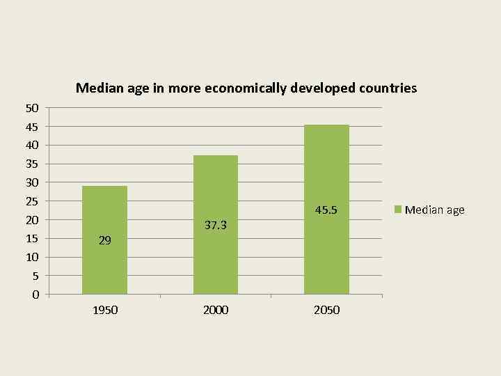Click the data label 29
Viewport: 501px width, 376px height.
click(104, 241)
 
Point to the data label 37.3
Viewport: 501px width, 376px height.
click(216, 225)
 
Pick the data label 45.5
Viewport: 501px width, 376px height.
click(326, 210)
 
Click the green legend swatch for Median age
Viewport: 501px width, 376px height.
click(398, 210)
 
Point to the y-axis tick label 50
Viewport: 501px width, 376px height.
click(32, 108)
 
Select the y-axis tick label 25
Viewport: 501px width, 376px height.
click(32, 201)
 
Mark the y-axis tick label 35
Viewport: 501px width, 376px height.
click(32, 164)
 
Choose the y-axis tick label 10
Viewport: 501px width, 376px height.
click(32, 258)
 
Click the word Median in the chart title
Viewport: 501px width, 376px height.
click(97, 88)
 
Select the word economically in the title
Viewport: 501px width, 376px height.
click(246, 88)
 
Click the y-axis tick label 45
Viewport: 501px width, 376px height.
click(32, 127)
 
